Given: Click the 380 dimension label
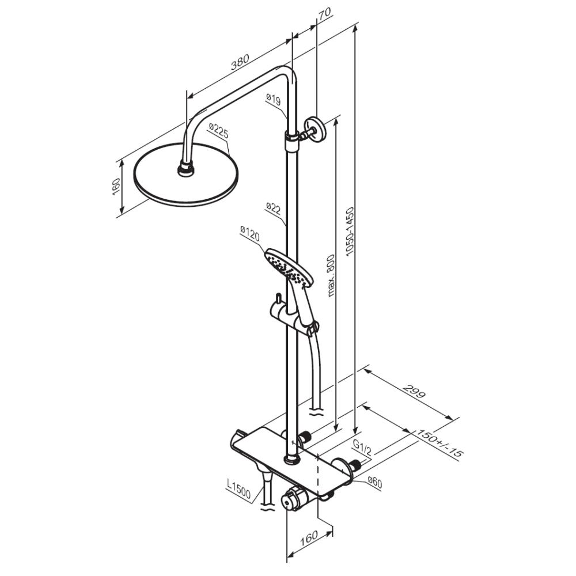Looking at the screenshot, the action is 240,62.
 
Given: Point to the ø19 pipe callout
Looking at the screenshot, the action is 273,99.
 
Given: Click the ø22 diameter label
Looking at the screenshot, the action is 273,209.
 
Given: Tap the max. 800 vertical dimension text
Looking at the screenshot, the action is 331,275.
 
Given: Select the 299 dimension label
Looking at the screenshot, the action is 414,391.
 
